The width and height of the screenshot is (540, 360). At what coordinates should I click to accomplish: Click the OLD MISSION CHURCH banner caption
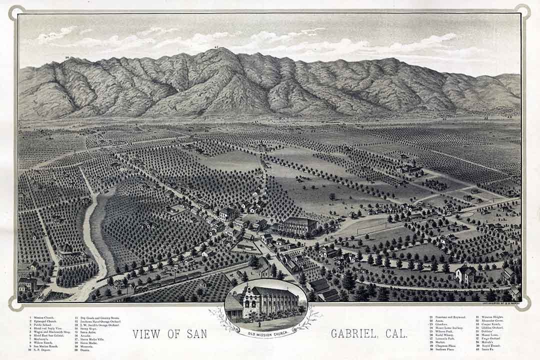265,332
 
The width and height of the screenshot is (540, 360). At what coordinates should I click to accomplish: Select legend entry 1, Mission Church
42,317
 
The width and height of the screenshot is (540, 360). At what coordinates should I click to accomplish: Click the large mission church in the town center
298,226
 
